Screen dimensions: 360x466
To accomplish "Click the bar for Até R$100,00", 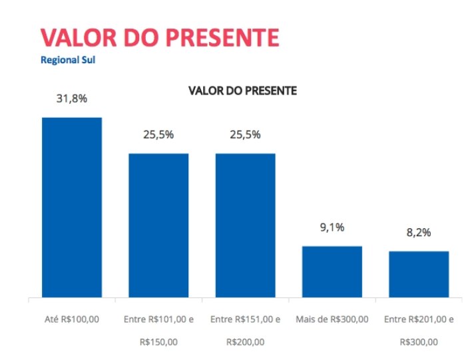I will coord(72,207).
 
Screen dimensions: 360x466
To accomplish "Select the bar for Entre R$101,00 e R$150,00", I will coord(158,225).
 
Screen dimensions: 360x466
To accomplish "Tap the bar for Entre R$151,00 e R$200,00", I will coord(245,225).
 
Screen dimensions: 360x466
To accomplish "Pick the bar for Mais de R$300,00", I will coord(332,271).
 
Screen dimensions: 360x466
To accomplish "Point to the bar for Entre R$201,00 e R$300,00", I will coord(419,274).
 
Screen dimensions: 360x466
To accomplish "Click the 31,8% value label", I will coord(72,98).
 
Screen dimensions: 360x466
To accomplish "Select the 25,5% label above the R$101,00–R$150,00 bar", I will coord(158,134).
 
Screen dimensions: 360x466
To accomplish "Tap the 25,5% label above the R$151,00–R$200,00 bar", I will coord(245,134).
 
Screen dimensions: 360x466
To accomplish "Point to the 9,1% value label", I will coord(332,228).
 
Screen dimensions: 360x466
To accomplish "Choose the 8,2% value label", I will coord(419,232).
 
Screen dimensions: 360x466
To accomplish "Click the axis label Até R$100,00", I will coord(72,319).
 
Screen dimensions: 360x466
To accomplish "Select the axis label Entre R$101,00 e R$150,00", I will coord(158,331).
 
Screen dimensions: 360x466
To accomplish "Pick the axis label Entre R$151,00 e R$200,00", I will coord(245,331).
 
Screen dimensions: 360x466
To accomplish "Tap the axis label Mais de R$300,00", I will coord(332,319).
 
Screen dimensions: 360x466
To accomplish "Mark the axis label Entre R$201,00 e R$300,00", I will coord(419,331).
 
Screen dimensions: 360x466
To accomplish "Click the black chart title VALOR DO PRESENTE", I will coord(242,90).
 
